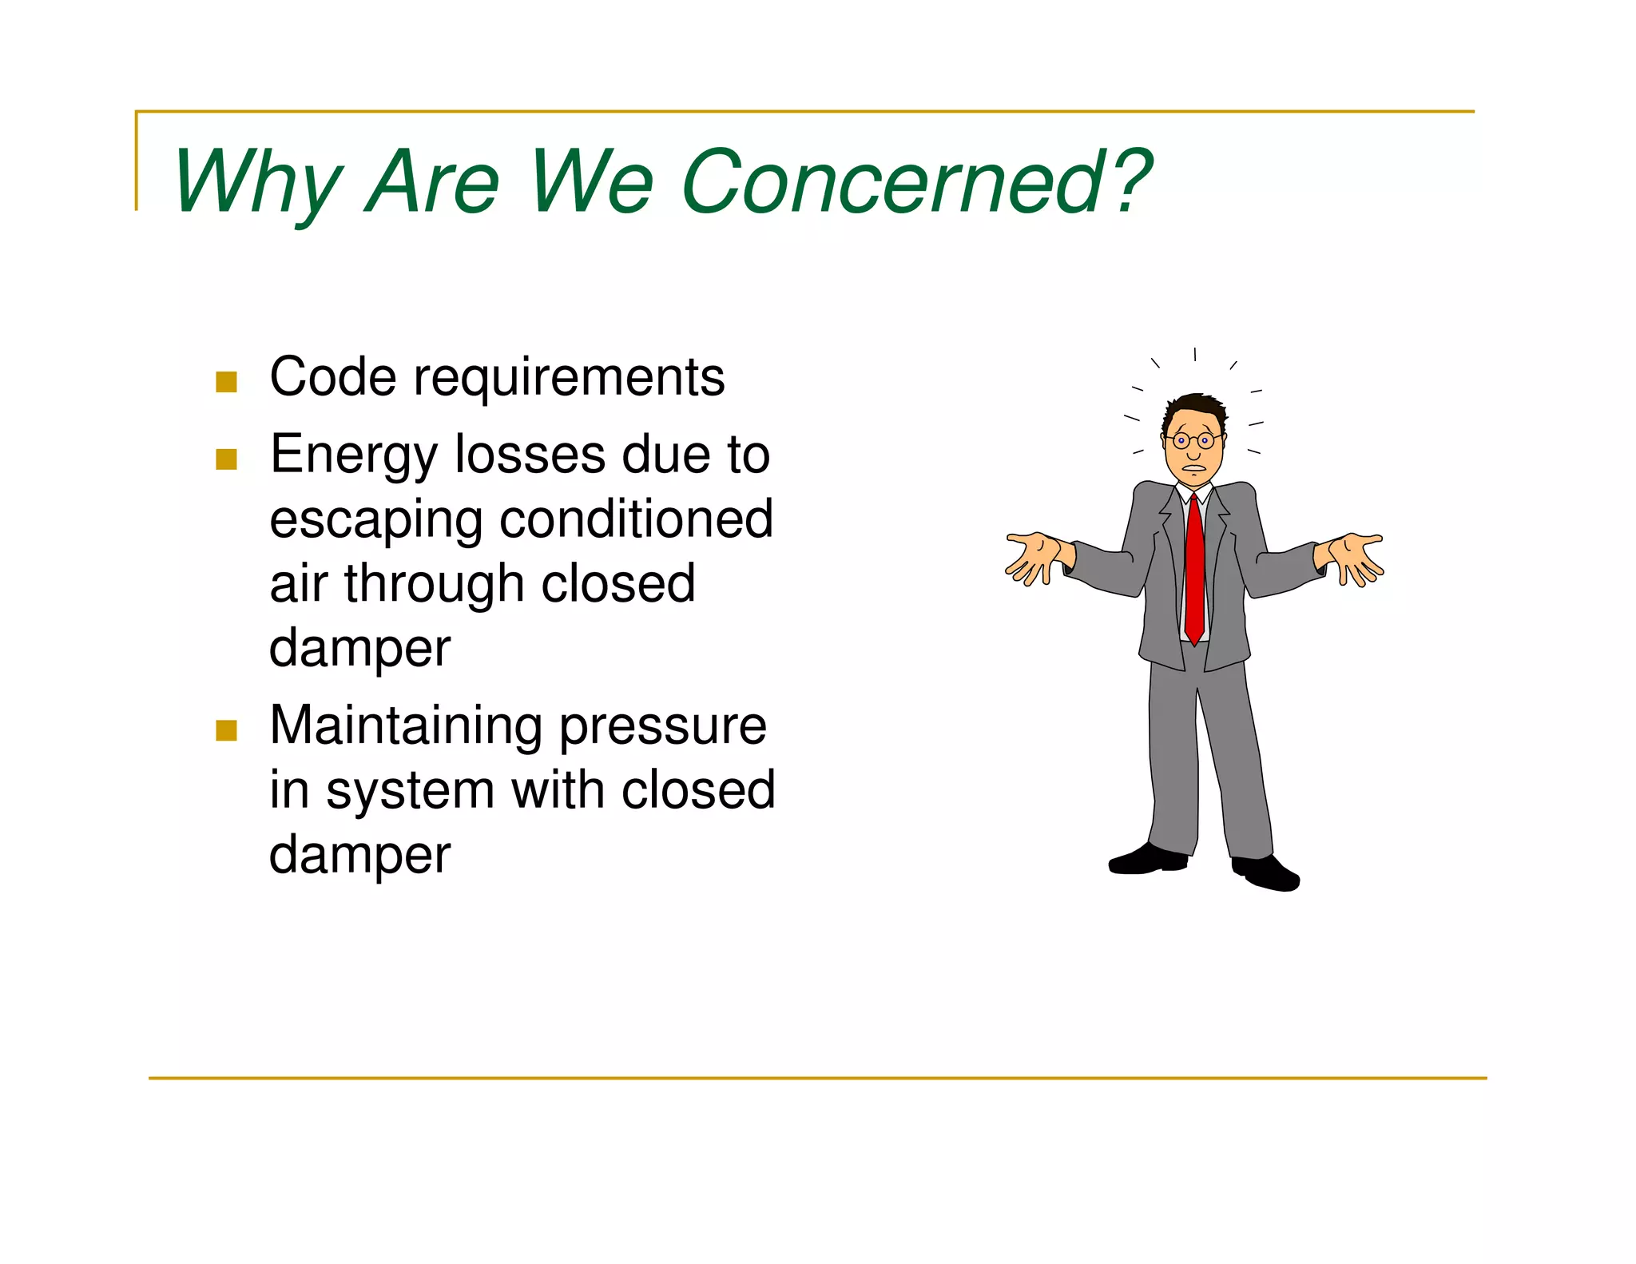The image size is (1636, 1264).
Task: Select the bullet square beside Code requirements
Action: click(x=226, y=382)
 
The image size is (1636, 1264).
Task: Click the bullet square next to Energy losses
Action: click(x=226, y=459)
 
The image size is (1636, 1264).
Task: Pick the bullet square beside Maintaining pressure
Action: click(x=226, y=730)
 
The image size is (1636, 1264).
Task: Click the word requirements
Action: click(x=569, y=378)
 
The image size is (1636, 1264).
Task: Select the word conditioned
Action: click(x=636, y=519)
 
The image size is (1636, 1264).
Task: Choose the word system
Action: click(x=411, y=792)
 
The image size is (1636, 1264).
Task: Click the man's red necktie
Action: click(x=1194, y=567)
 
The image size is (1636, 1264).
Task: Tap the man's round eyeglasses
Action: click(x=1193, y=440)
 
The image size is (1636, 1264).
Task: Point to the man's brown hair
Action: click(x=1195, y=407)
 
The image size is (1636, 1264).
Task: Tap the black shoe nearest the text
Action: click(x=1148, y=860)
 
